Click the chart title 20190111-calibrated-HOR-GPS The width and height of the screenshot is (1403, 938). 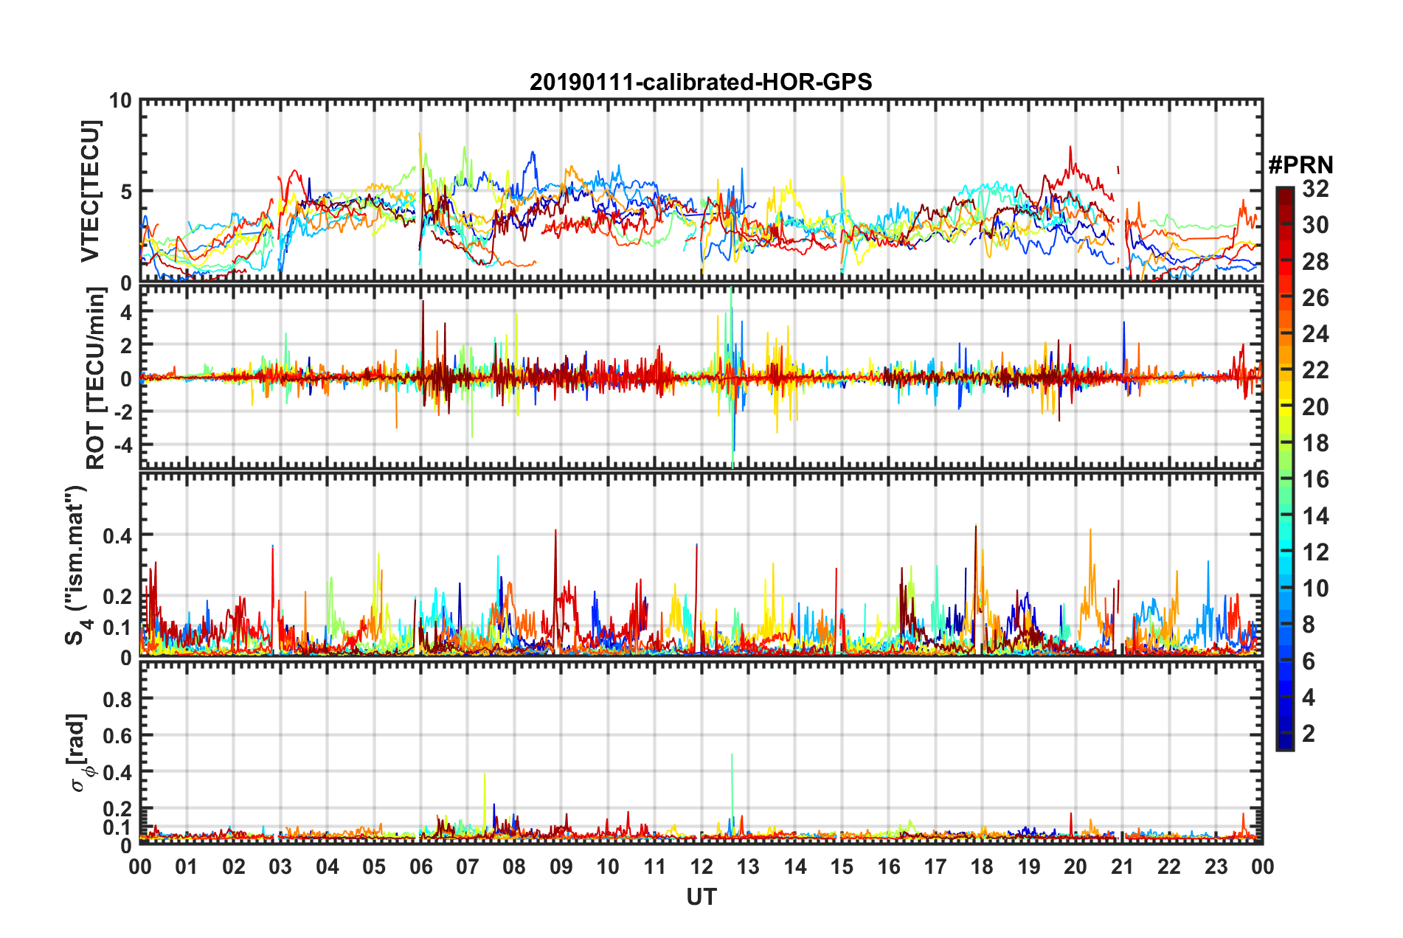pos(701,82)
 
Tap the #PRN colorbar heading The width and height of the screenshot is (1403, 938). pos(1300,165)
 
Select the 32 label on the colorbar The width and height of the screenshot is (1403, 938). pos(1315,189)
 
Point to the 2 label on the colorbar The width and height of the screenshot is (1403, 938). pos(1309,733)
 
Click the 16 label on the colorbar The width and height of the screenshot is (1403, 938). pos(1315,479)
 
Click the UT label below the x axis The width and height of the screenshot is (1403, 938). pos(701,897)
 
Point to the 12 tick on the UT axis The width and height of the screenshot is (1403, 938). pos(701,866)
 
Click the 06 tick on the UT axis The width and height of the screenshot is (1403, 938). pos(420,866)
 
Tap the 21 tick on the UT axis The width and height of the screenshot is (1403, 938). pos(1122,866)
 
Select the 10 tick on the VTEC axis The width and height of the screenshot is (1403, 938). pos(120,100)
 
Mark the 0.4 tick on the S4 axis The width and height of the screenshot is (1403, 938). pos(117,535)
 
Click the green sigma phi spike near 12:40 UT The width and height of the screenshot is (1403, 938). pos(732,757)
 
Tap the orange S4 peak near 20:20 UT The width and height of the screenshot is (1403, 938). pos(1090,531)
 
